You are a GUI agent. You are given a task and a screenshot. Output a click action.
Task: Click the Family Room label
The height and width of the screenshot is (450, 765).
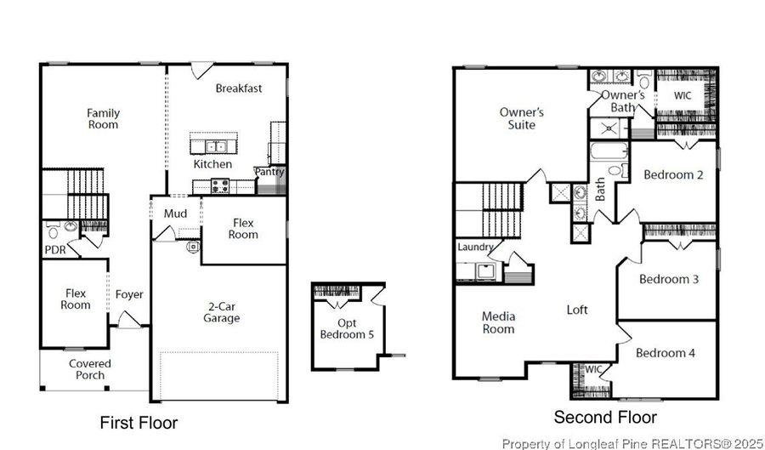pos(103,119)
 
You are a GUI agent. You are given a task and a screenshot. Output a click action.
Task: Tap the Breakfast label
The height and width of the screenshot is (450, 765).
pos(238,88)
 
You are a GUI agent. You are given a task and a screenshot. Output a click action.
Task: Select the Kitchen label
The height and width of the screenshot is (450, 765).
pos(212,164)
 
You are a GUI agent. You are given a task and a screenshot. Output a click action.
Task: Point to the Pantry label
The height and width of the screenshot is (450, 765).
pos(269,172)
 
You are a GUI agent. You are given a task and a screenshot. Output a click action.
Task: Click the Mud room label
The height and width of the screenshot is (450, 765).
pos(175,214)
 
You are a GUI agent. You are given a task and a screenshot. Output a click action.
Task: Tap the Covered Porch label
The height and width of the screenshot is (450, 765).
pos(90,369)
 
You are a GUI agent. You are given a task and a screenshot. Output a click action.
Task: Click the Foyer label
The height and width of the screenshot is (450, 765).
pos(130,295)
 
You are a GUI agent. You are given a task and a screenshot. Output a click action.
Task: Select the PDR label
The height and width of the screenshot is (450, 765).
pos(55,250)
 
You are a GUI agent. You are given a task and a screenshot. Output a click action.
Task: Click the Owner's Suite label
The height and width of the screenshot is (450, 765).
pos(521,118)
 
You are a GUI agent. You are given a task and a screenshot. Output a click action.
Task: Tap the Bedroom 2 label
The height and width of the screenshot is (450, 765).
pos(673,175)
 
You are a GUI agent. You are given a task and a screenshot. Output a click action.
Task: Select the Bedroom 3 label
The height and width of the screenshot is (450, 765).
pos(669,279)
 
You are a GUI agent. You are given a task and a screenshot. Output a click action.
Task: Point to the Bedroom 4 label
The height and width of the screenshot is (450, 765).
pos(666,353)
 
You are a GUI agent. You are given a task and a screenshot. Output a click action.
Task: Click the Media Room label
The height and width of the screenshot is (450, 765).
pos(498,322)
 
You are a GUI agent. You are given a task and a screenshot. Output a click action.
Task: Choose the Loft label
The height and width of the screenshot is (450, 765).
pos(577,310)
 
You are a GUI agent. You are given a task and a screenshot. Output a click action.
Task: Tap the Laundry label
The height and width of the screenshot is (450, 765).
pos(475,248)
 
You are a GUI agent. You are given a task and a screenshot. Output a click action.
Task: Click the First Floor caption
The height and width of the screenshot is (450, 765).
pos(139,423)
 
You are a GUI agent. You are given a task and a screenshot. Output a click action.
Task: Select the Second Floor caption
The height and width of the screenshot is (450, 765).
pos(605,418)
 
